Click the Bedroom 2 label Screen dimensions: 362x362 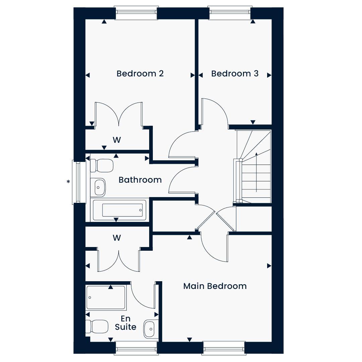pyautogui.click(x=140, y=74)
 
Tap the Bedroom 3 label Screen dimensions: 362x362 pyautogui.click(x=235, y=74)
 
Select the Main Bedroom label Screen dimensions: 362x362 pyautogui.click(x=215, y=286)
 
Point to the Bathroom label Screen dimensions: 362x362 pyautogui.click(x=140, y=180)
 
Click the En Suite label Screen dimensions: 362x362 pyautogui.click(x=126, y=323)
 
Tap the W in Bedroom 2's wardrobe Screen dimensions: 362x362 pyautogui.click(x=117, y=140)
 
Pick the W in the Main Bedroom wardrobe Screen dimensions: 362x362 pyautogui.click(x=117, y=238)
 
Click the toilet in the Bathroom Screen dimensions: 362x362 pyautogui.click(x=102, y=166)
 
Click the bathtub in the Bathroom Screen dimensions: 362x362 pyautogui.click(x=120, y=210)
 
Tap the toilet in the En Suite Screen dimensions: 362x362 pyautogui.click(x=97, y=326)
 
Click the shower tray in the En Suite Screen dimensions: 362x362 pyautogui.click(x=106, y=298)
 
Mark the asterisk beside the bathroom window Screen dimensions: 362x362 pyautogui.click(x=68, y=182)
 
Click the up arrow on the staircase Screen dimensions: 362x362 pyautogui.click(x=256, y=172)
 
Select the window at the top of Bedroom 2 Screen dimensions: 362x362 pyautogui.click(x=136, y=13)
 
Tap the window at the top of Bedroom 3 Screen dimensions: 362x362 pyautogui.click(x=230, y=13)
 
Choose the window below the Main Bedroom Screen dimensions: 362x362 pyautogui.click(x=224, y=348)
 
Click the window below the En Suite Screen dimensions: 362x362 pyautogui.click(x=136, y=348)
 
